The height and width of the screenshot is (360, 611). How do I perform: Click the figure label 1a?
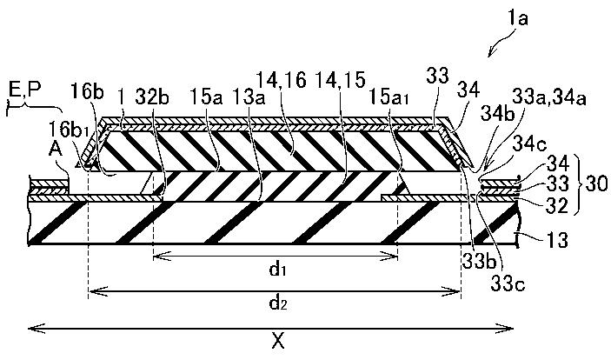pos(528,17)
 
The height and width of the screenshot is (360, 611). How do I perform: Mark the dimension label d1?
pos(277,270)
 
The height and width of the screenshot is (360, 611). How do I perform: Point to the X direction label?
pos(277,342)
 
